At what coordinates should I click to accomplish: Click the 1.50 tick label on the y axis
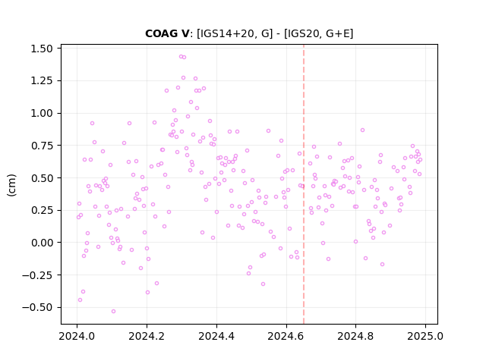point(42,49)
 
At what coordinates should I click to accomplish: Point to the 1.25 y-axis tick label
point(42,81)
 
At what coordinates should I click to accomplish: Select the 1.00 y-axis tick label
point(42,113)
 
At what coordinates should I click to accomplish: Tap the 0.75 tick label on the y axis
point(42,146)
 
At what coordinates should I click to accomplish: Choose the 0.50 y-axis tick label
point(42,178)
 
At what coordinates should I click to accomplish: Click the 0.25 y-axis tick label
point(42,210)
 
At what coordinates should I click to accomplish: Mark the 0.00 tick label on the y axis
point(42,243)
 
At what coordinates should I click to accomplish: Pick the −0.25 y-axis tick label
point(37,275)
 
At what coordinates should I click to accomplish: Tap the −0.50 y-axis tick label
point(37,307)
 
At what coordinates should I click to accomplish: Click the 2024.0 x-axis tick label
point(77,336)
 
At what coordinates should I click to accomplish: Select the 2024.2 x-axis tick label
point(147,336)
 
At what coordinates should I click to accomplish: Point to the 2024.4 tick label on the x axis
point(216,336)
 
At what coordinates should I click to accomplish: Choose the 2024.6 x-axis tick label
point(286,336)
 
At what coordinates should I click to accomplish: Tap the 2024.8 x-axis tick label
point(356,336)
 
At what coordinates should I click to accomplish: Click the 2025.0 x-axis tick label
point(425,336)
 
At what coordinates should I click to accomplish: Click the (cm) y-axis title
point(11,185)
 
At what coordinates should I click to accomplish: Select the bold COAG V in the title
point(167,33)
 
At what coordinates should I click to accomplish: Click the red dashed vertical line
point(304,184)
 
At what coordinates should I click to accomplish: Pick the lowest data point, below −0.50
point(113,311)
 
